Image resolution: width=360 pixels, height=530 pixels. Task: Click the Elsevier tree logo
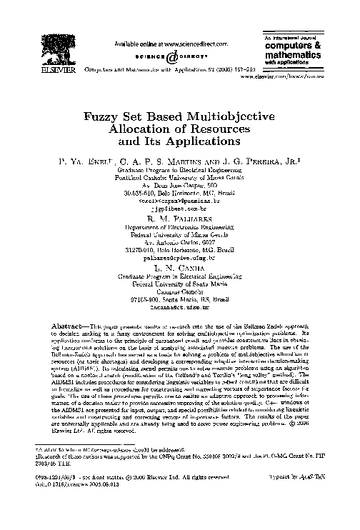coord(73,45)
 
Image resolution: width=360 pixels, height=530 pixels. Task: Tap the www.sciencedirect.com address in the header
coord(176,44)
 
